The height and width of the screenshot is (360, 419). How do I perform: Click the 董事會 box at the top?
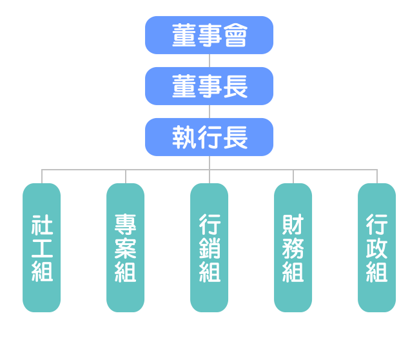pyautogui.click(x=209, y=35)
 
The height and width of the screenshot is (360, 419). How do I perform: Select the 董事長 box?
pyautogui.click(x=209, y=86)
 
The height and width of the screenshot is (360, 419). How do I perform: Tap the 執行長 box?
pyautogui.click(x=209, y=137)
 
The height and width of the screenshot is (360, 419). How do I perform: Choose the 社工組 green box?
pyautogui.click(x=42, y=247)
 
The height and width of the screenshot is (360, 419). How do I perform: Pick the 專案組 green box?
pyautogui.click(x=125, y=247)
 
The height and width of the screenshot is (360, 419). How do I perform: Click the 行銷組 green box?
pyautogui.click(x=209, y=247)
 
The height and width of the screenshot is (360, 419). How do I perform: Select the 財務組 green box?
pyautogui.click(x=293, y=247)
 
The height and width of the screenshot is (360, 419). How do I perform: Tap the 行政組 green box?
pyautogui.click(x=377, y=247)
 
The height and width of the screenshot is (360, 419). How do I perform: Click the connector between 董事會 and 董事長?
pyautogui.click(x=209, y=61)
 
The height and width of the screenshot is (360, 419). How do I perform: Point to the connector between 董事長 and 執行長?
pyautogui.click(x=209, y=112)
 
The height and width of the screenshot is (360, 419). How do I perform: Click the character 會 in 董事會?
pyautogui.click(x=235, y=35)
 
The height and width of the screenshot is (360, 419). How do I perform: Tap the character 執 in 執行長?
pyautogui.click(x=184, y=137)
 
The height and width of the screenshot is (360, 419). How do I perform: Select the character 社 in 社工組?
pyautogui.click(x=42, y=225)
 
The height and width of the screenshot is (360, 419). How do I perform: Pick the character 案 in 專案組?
pyautogui.click(x=125, y=248)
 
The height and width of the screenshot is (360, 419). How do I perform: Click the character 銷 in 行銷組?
pyautogui.click(x=209, y=248)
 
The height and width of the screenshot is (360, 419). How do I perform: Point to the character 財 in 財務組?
pyautogui.click(x=293, y=225)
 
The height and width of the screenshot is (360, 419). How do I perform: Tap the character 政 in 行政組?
pyautogui.click(x=377, y=248)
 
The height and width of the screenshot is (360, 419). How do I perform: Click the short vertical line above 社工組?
pyautogui.click(x=42, y=177)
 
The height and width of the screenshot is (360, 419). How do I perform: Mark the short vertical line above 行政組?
pyautogui.click(x=377, y=177)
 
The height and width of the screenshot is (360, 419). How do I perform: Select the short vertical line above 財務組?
pyautogui.click(x=293, y=177)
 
